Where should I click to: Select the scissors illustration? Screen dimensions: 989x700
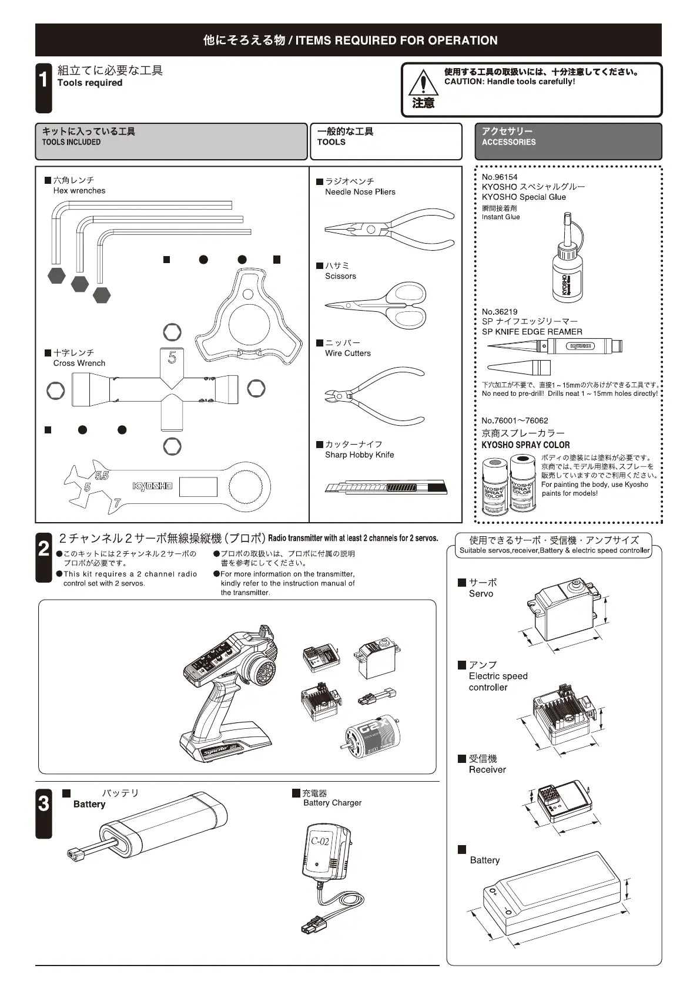(x=376, y=304)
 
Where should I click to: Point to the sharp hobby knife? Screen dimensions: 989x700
(x=385, y=487)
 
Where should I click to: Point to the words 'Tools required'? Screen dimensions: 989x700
(x=90, y=83)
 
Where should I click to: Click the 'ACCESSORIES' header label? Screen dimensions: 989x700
(x=508, y=142)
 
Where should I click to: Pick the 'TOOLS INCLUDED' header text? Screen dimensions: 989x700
(x=71, y=142)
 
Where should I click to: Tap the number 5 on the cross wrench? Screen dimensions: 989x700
(x=172, y=357)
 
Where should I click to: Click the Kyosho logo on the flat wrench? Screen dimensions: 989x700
(x=152, y=486)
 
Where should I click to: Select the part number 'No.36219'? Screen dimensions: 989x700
(x=500, y=312)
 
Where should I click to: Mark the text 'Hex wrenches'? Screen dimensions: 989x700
(x=79, y=191)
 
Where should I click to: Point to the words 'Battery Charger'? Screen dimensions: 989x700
(x=332, y=803)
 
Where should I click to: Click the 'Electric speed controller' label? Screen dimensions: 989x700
(x=498, y=681)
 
